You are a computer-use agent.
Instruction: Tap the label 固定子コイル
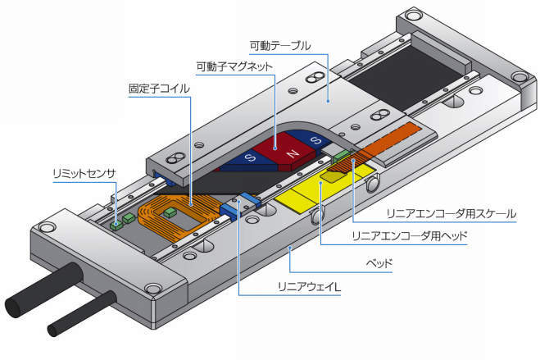point(160,89)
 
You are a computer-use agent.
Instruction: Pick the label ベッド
point(378,263)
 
